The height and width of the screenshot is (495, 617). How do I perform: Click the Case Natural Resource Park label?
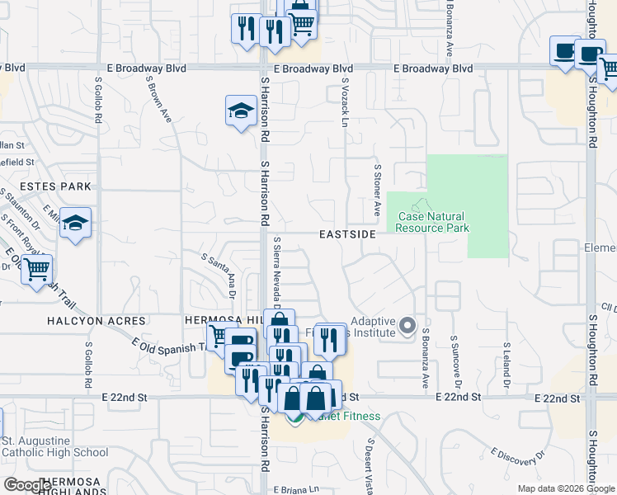(433, 223)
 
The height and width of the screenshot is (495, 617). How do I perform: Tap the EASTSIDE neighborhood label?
(348, 235)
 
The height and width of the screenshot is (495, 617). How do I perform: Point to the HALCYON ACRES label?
(97, 321)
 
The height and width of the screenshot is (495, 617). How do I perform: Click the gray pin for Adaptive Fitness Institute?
(406, 327)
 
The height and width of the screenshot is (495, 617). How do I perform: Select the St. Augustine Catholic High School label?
(54, 445)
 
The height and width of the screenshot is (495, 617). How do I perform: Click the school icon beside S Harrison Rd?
(240, 111)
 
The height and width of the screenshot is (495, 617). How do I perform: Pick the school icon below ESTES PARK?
(75, 223)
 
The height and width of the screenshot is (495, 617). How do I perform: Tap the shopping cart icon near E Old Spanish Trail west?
(36, 269)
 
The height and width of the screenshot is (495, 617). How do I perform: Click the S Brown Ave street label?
(158, 101)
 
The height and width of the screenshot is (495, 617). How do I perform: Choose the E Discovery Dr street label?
(518, 456)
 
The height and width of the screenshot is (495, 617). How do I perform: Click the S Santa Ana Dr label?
(219, 275)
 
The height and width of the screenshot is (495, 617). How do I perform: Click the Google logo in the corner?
(27, 485)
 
